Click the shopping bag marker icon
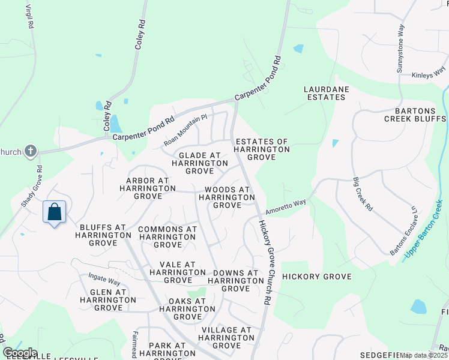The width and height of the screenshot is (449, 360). [x=54, y=212]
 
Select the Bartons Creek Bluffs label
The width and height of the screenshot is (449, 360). [x=415, y=115]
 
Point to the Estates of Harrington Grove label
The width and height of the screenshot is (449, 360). [x=262, y=149]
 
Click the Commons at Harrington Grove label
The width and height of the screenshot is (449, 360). [x=167, y=237]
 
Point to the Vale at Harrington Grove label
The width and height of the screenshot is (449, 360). [x=178, y=272]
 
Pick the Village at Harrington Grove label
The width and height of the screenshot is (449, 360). [x=227, y=338]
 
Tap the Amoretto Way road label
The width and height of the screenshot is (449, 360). [x=286, y=204]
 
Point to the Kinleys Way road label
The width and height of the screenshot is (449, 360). [x=429, y=76]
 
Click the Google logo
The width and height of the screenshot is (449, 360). [x=20, y=353]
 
